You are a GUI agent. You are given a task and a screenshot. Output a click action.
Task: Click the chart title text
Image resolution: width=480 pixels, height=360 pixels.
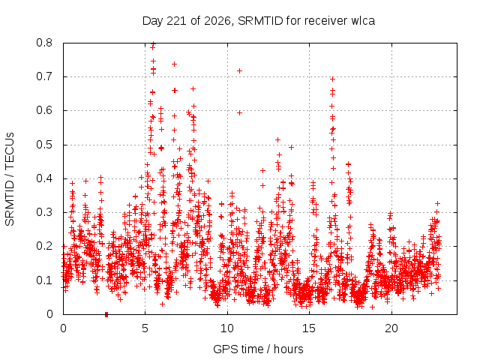tap(259, 21)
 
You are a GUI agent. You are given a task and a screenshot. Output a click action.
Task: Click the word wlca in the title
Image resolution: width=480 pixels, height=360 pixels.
tap(363, 21)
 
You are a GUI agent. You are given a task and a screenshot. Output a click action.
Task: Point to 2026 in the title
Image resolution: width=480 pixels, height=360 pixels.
tap(217, 21)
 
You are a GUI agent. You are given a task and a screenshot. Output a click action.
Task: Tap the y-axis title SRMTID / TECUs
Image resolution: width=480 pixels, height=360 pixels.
tap(10, 179)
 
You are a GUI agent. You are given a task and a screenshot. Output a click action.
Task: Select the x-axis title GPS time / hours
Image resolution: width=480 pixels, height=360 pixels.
tap(258, 349)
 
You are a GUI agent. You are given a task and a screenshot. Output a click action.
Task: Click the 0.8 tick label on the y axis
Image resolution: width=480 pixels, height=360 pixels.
tap(44, 43)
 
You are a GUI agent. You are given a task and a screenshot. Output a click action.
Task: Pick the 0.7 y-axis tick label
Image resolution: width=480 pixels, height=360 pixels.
tap(44, 76)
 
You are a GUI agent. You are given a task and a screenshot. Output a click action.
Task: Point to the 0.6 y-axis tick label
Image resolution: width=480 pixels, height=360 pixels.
tap(44, 110)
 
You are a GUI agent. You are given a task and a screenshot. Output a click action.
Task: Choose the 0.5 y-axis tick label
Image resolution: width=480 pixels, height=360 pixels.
tap(44, 145)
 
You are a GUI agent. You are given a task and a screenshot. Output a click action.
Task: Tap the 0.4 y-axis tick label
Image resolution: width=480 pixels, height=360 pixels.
tap(44, 178)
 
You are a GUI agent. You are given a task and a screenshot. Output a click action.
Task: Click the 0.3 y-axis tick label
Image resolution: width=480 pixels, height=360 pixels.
tap(44, 212)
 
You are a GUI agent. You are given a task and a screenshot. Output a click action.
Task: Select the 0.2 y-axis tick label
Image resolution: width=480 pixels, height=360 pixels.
tap(44, 246)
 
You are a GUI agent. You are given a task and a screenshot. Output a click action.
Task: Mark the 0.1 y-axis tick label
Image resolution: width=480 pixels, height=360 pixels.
tap(44, 280)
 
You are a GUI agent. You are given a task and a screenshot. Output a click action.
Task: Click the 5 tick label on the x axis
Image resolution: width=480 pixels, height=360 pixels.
tap(145, 328)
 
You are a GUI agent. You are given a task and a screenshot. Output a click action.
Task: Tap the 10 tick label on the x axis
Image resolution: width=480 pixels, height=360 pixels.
tap(227, 328)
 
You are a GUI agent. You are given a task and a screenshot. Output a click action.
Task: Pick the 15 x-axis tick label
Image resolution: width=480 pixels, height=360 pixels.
tap(309, 328)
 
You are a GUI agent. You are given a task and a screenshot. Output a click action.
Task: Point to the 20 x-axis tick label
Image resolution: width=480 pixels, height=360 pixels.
tap(391, 328)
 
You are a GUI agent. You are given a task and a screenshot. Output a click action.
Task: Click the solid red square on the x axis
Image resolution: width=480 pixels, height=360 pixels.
tap(106, 314)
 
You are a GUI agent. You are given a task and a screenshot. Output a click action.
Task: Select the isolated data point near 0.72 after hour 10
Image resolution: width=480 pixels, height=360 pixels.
tap(240, 70)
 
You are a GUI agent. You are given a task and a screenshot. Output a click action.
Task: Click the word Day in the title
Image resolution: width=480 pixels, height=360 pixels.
tap(153, 21)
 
